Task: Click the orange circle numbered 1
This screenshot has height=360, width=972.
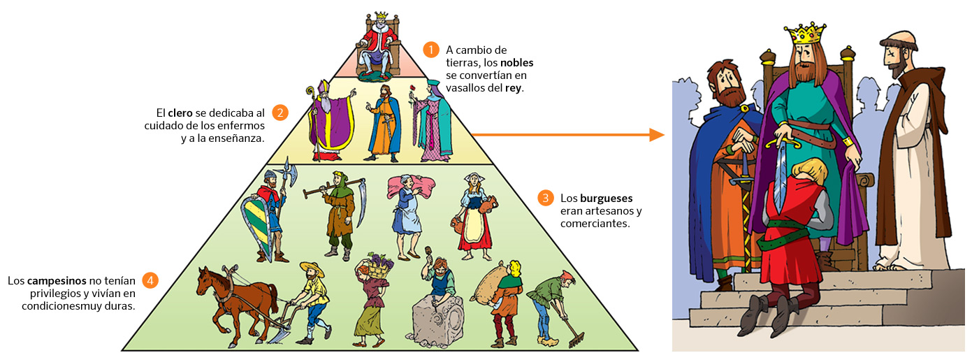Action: [431, 50]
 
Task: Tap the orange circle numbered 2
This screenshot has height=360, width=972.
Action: [280, 113]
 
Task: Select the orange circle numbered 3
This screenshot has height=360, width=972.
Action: [546, 198]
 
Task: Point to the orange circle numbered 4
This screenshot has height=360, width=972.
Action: [150, 280]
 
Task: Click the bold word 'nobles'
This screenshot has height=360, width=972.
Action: [516, 63]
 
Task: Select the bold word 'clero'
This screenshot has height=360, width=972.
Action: [180, 113]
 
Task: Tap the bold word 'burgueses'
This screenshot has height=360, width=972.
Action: [604, 198]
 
